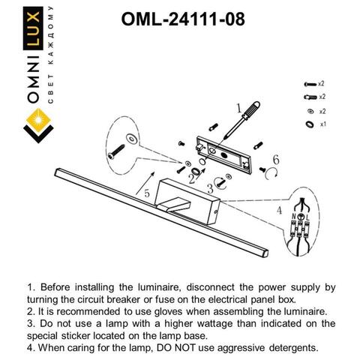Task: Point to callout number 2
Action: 193,180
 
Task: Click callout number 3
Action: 210,190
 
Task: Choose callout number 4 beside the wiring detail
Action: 280,211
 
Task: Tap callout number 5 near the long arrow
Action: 147,193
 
